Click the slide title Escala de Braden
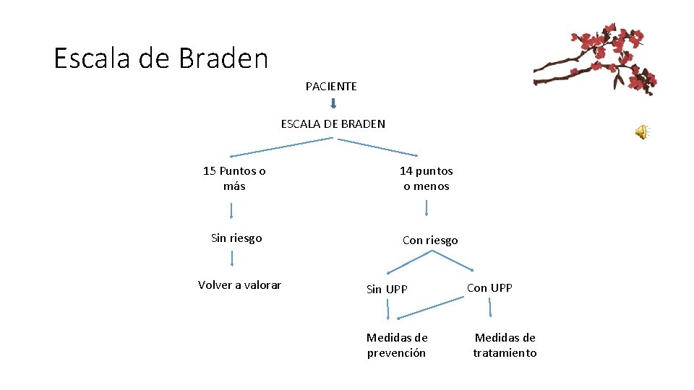click(160, 58)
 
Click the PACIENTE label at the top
click(331, 87)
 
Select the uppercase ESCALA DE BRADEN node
click(333, 123)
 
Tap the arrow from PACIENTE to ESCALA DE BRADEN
click(333, 105)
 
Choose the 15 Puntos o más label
click(234, 178)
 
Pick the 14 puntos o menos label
click(427, 178)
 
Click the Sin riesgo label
click(236, 238)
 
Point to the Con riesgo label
click(430, 240)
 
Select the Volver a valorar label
click(239, 285)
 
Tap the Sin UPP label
click(387, 290)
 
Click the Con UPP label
click(489, 287)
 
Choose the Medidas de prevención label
click(397, 345)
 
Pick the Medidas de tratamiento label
click(505, 345)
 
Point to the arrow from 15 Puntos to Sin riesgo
click(231, 211)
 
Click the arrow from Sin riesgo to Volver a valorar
click(232, 259)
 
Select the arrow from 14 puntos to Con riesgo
click(427, 208)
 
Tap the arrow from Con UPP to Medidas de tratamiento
click(490, 308)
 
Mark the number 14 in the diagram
click(406, 171)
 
